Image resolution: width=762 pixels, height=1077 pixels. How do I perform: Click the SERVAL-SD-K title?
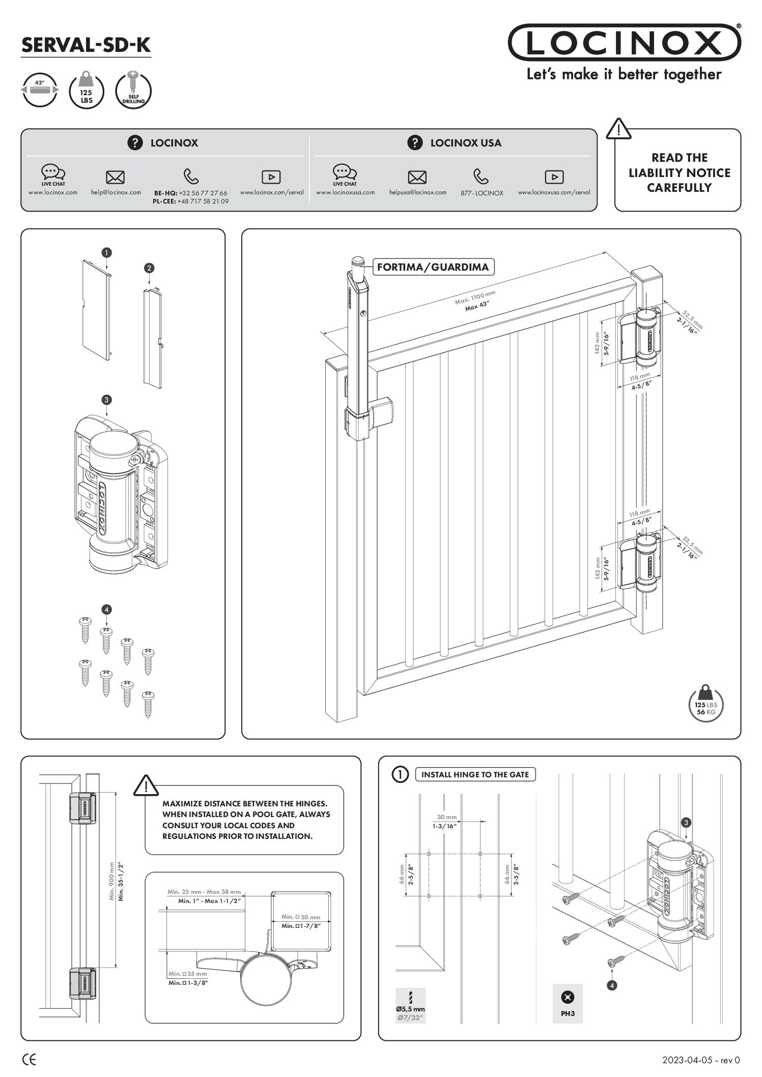[86, 45]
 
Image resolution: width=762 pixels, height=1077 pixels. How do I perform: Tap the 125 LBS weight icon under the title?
[87, 90]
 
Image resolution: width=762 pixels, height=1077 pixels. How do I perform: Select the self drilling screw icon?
[133, 90]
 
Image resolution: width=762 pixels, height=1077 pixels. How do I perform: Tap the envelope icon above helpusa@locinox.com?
[417, 177]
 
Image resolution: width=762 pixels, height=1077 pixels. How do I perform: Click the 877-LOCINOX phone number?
[482, 193]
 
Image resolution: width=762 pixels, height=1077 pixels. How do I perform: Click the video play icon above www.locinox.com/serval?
[271, 177]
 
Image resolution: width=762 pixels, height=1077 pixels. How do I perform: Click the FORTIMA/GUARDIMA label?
[433, 267]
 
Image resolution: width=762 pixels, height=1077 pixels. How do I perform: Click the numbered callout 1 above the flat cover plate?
[106, 252]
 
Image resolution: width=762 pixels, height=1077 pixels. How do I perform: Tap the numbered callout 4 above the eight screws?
[106, 609]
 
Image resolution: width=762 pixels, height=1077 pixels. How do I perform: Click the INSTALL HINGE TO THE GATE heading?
[475, 774]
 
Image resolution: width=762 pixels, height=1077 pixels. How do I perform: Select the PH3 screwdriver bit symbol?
[567, 1002]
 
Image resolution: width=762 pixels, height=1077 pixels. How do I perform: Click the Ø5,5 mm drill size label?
[410, 1009]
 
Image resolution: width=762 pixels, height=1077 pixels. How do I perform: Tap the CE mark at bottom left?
[30, 1060]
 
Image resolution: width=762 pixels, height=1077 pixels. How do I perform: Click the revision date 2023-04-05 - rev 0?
[701, 1060]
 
